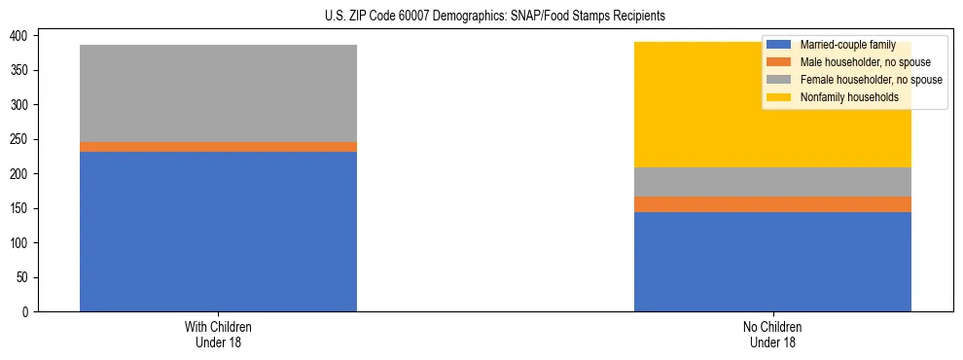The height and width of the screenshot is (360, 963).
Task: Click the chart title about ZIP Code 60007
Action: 495,17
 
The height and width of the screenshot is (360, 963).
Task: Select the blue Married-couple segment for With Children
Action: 218,232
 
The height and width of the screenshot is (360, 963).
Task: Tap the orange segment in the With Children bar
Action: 218,147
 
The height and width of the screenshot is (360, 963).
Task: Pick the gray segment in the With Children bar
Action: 218,93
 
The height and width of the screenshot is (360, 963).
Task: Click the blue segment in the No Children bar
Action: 772,262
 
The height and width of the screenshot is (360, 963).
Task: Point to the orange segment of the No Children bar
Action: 772,204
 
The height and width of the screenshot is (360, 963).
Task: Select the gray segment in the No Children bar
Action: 772,182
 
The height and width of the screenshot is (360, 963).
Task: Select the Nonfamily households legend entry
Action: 849,97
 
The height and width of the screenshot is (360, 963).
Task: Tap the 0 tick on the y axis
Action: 28,312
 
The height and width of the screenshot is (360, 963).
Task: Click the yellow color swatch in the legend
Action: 779,97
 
